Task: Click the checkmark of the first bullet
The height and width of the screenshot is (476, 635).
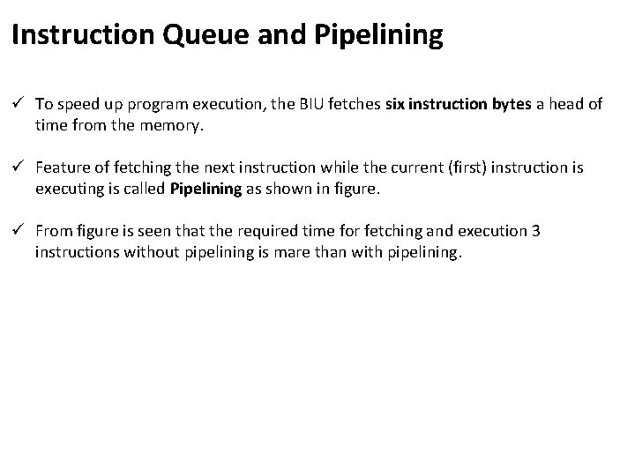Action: (18, 104)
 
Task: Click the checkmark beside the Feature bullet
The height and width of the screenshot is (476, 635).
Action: (18, 167)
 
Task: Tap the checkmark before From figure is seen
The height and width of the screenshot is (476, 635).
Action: (18, 231)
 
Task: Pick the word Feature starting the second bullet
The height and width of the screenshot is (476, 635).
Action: (62, 167)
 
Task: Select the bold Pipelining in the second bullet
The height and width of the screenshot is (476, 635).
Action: (205, 189)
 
